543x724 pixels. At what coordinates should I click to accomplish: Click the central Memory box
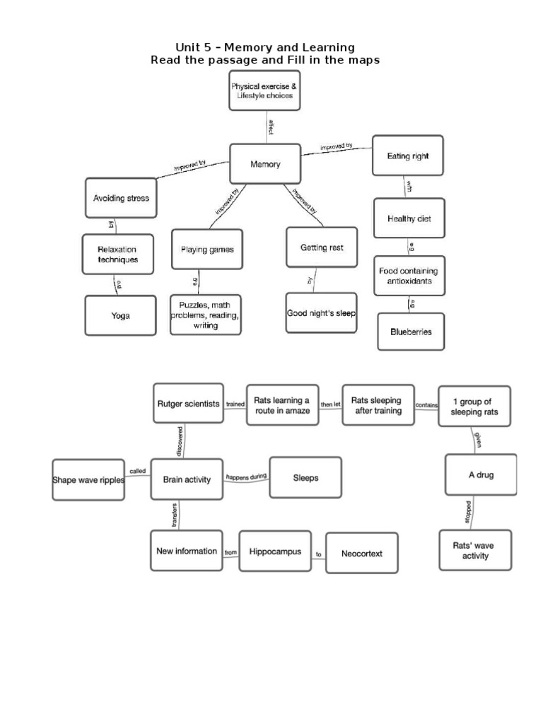click(x=265, y=165)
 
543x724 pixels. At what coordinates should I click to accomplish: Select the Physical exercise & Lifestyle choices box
click(x=264, y=90)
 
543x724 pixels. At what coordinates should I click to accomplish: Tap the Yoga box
click(x=120, y=316)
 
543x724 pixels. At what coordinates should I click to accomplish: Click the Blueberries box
click(x=410, y=331)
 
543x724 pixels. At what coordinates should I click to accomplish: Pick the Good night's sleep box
click(x=321, y=313)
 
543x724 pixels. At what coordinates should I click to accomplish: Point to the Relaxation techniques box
click(x=117, y=255)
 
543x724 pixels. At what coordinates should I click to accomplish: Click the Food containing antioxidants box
click(x=409, y=276)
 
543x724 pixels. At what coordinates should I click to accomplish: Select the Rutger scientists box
click(x=188, y=403)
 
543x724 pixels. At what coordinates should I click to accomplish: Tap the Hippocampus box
click(x=275, y=551)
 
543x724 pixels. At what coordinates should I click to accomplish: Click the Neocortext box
click(x=361, y=554)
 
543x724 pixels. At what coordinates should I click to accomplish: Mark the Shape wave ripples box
click(x=88, y=479)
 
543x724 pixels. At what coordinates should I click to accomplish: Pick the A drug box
click(x=481, y=474)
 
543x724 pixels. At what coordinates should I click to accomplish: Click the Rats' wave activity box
click(x=474, y=551)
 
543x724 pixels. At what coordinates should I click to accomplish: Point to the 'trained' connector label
click(x=235, y=405)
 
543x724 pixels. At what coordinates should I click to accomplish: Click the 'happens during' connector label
click(x=246, y=477)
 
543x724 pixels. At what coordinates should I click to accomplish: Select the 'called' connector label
click(x=137, y=471)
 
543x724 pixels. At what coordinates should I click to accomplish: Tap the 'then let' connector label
click(x=330, y=405)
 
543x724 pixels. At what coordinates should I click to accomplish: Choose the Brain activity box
click(x=187, y=479)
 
